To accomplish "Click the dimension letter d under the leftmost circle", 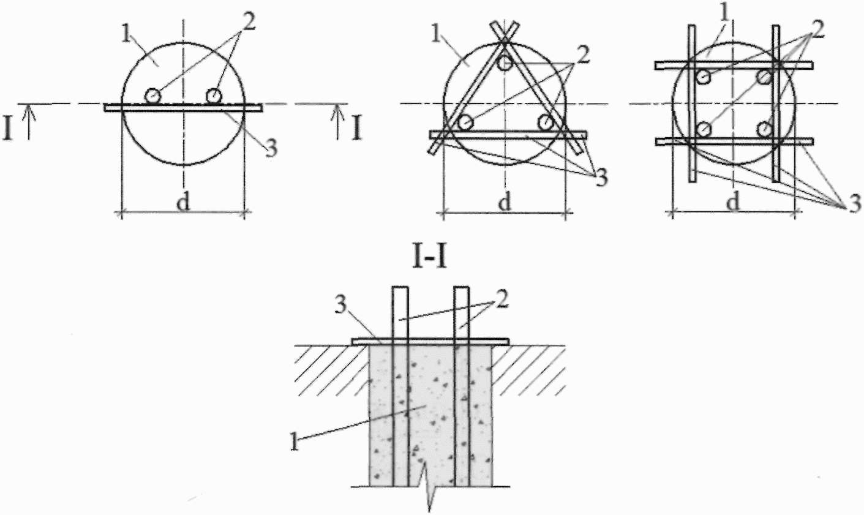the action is (183, 201).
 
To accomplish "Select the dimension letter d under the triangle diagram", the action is (505, 201).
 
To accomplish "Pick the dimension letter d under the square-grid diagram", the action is (733, 201).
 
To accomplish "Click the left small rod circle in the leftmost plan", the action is (153, 96).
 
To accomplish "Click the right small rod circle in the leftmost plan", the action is (213, 96).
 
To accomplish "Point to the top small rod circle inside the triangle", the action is (505, 63).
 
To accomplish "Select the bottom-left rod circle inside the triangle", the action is (465, 123).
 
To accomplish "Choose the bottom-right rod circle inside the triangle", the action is (546, 123).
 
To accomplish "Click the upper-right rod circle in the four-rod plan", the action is (764, 77).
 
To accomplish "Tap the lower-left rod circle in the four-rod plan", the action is (704, 129).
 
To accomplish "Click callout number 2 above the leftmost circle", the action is (249, 23).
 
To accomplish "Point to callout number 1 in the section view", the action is (295, 443).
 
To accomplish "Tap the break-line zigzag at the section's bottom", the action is (429, 489).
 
